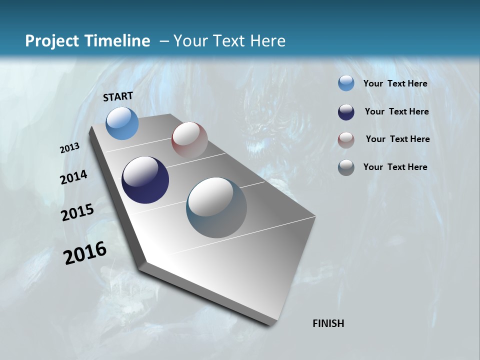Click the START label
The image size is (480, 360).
[118, 96]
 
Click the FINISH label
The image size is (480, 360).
[328, 323]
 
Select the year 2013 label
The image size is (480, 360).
[70, 148]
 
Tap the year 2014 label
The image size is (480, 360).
[74, 177]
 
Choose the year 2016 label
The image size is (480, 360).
[85, 253]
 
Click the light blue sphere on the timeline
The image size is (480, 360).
[122, 123]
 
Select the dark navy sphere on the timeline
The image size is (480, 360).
[145, 180]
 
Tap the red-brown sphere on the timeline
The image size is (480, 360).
[189, 140]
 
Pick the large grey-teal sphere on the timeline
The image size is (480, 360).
[216, 207]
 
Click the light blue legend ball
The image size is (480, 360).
[346, 83]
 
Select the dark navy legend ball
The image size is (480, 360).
[346, 112]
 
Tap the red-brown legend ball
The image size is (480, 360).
[346, 140]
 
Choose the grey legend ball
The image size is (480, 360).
[346, 167]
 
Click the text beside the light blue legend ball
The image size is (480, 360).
[395, 83]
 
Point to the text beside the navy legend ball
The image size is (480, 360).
[396, 111]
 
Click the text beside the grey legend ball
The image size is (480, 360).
[395, 167]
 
